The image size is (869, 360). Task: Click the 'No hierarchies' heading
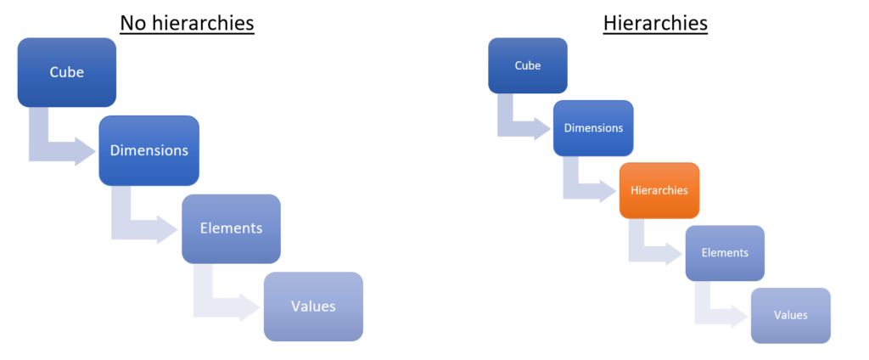point(187,23)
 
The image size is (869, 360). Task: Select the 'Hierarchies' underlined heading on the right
point(655,23)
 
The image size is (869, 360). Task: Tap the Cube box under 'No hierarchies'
point(66,72)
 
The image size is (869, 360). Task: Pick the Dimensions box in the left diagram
point(149,150)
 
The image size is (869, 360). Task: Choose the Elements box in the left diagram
point(231,228)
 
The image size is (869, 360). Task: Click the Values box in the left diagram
point(313,307)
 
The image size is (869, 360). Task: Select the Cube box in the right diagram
point(528,65)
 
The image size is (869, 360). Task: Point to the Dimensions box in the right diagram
point(593,128)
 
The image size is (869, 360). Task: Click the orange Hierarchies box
point(659,190)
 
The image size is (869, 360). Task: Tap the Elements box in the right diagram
point(725,253)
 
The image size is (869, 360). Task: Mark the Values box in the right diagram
point(790,315)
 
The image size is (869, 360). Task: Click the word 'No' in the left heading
point(132,23)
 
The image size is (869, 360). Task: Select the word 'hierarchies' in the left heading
point(201,23)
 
